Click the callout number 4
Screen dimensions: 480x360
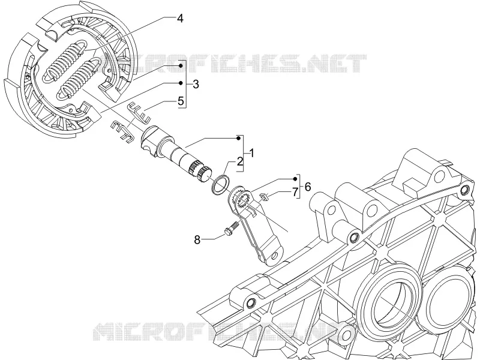click(x=180, y=19)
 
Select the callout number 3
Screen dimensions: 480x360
click(x=196, y=84)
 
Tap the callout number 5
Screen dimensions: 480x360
click(x=181, y=100)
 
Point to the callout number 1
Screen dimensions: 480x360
click(x=251, y=153)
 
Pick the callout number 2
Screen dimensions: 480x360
click(x=239, y=161)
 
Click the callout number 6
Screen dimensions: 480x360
click(x=308, y=186)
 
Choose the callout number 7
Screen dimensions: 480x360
click(x=295, y=193)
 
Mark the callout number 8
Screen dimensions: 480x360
click(x=197, y=239)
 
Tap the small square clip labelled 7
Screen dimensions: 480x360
click(x=264, y=197)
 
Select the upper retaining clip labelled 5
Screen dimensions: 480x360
click(x=139, y=112)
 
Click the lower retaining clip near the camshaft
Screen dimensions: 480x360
click(x=122, y=131)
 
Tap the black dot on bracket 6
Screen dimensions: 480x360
click(x=295, y=179)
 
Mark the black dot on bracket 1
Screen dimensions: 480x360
click(x=238, y=139)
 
